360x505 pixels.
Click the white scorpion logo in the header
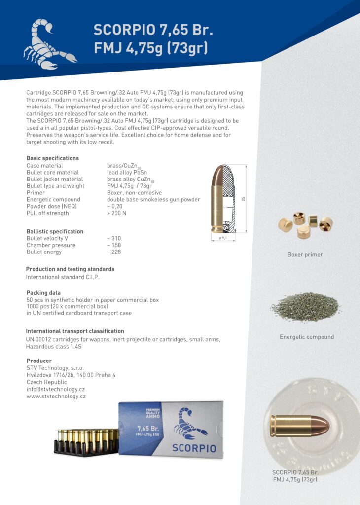49,44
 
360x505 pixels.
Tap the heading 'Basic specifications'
52,158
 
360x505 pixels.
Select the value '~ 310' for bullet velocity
113,238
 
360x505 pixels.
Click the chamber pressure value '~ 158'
113,245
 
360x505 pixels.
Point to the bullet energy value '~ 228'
113,252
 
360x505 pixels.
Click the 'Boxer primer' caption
305,255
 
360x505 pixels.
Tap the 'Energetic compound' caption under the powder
306,337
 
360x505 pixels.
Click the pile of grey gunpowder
305,307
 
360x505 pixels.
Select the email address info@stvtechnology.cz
55,389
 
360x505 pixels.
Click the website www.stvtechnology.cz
56,396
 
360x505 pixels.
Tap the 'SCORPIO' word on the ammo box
194,448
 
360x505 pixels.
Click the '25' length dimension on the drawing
243,199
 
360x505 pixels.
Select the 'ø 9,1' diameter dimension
223,238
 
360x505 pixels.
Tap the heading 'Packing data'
43,293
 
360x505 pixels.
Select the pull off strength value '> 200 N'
116,213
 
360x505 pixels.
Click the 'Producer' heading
39,361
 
